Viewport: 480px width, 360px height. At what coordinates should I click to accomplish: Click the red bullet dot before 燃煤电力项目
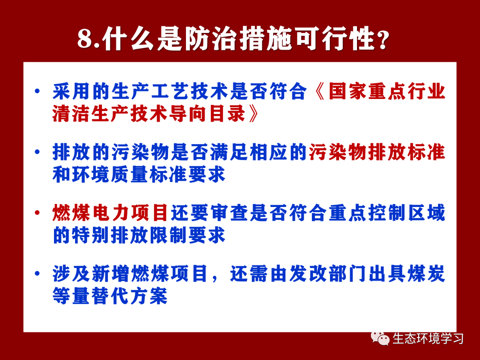coord(37,212)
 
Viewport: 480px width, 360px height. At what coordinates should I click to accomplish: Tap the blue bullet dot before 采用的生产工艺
coord(37,91)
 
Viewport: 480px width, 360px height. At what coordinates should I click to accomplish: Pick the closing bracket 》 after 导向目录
coord(253,114)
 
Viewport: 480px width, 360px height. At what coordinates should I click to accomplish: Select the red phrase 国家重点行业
coord(387,91)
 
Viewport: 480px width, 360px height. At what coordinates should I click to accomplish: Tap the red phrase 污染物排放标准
coord(377,152)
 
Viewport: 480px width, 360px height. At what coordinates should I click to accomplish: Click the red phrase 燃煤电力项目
coord(110,213)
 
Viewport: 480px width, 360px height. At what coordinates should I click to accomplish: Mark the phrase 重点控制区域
coord(387,213)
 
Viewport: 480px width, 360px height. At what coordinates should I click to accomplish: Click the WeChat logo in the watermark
coord(380,338)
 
